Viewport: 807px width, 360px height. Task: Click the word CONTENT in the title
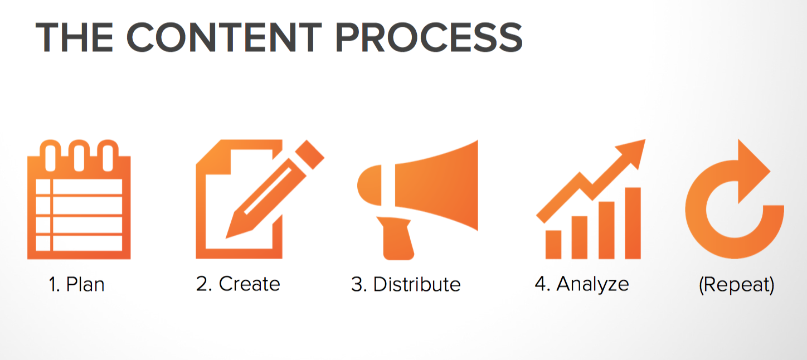tap(223, 37)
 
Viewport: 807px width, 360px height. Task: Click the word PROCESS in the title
tap(429, 37)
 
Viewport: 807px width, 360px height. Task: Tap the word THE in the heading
tap(75, 37)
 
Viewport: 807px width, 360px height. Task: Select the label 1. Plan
tap(77, 284)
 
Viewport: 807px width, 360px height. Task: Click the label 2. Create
tap(238, 284)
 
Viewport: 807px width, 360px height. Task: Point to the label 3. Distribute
tap(406, 284)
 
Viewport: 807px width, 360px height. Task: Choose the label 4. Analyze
tap(582, 285)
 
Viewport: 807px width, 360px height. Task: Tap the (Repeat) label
tap(736, 285)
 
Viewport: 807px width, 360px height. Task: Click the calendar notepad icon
tap(79, 200)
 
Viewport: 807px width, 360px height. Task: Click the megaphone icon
tap(417, 200)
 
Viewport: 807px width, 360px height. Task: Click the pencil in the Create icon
tap(275, 189)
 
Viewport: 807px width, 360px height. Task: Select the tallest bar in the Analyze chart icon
tap(633, 223)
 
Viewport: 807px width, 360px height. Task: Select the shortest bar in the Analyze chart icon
tap(553, 245)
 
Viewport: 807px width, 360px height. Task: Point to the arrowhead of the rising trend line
tap(633, 152)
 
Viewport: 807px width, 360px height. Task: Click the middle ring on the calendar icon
tap(79, 155)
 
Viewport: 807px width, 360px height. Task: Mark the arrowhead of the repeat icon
tap(753, 172)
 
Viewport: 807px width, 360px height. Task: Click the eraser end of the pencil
tap(310, 154)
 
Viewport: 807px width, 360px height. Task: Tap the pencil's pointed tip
tap(227, 237)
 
